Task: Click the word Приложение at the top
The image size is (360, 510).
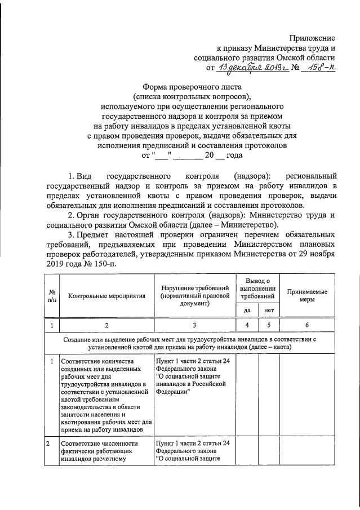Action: point(312,38)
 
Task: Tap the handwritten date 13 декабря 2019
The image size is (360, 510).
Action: point(249,69)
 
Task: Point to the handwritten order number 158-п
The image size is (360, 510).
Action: point(318,69)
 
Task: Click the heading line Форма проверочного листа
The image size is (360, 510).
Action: point(192,87)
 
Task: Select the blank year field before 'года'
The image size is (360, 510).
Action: point(221,154)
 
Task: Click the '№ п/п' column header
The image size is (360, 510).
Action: point(51,295)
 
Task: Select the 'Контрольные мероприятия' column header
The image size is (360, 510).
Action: point(106,295)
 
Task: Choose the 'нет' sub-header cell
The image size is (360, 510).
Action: point(269,310)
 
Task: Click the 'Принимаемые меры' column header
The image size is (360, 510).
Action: point(307,295)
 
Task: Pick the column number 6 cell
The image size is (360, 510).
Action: point(307,325)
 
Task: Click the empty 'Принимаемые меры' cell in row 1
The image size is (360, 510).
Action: point(307,394)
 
